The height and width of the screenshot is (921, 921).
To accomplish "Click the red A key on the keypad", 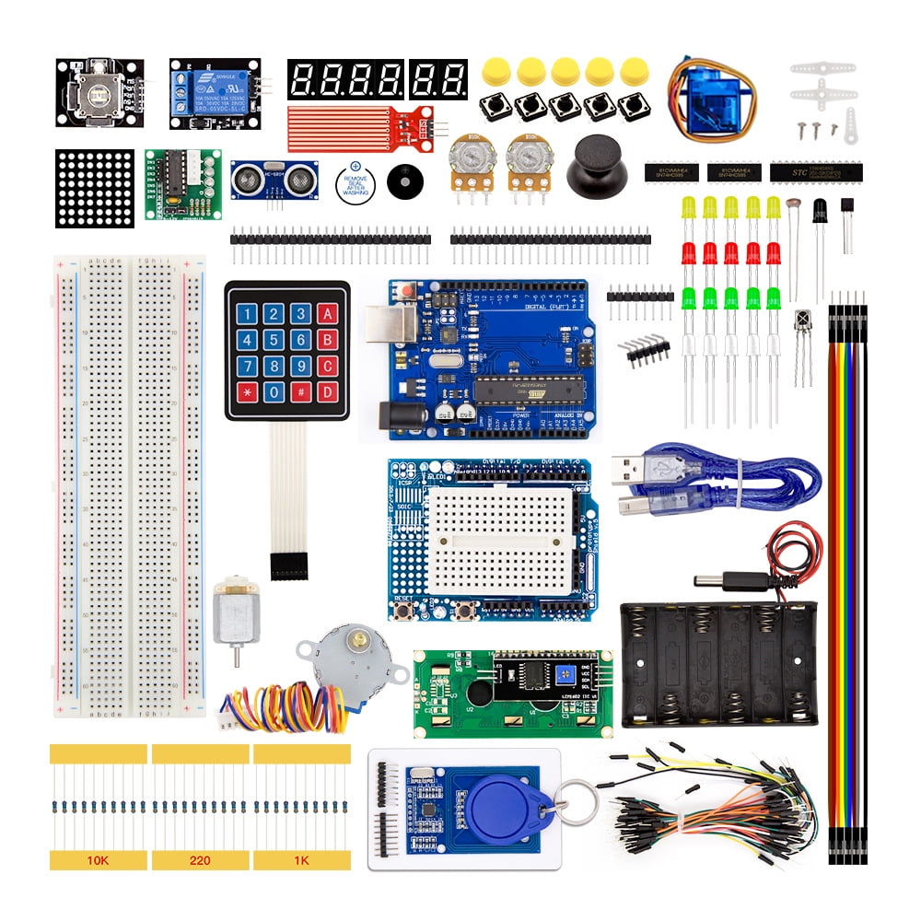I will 325,313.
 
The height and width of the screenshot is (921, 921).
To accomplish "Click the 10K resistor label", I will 97,860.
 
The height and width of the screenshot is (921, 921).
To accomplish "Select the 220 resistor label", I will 200,860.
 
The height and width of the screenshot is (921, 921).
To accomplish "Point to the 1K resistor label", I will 301,860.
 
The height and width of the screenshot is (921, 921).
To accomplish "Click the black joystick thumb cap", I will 592,165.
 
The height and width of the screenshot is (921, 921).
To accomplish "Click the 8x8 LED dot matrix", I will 95,188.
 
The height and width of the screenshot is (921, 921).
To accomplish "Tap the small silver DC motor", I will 236,615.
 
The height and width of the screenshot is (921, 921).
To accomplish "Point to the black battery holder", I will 718,663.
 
